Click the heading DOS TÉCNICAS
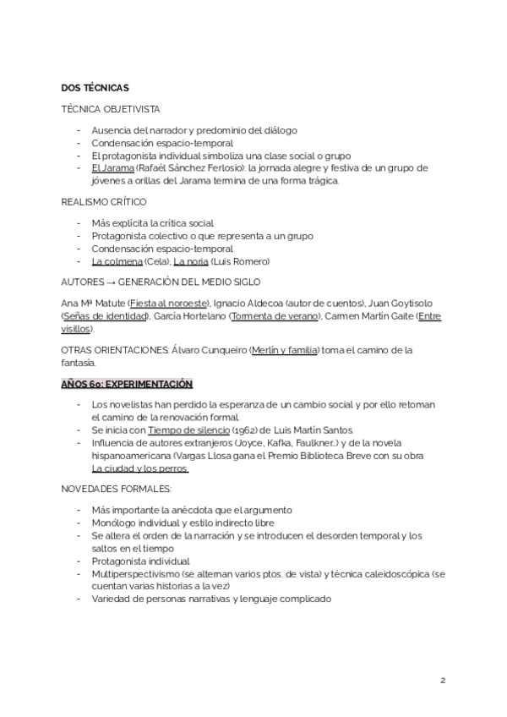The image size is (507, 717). coord(95,87)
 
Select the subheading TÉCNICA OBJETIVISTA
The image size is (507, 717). coord(111,110)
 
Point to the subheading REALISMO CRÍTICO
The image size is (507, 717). coord(104,202)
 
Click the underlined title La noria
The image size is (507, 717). coord(191,261)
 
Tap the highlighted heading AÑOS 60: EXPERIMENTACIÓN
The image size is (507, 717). coord(128,383)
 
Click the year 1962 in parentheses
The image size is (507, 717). coord(246,430)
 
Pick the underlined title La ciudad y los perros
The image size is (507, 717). coord(140,468)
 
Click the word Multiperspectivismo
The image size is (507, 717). coord(129,573)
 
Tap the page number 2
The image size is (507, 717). coord(442,680)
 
